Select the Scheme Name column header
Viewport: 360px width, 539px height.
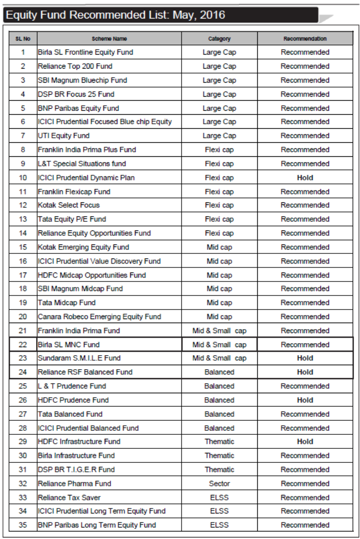(x=109, y=39)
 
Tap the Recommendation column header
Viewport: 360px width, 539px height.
(x=305, y=39)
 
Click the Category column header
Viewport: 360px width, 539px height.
(x=219, y=39)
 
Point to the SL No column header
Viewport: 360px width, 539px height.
(x=23, y=39)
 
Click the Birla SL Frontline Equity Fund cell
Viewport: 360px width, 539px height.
(x=85, y=52)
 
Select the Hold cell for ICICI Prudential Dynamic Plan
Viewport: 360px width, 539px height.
(x=305, y=178)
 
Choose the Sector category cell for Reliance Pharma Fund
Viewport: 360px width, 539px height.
(x=219, y=483)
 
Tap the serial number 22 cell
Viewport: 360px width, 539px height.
(x=23, y=345)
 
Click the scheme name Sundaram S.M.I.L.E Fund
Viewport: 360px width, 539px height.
(x=79, y=358)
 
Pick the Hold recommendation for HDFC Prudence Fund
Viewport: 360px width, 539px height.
(x=305, y=400)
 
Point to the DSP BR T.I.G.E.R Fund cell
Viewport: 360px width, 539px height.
(x=76, y=469)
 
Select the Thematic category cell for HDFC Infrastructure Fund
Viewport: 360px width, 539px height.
(x=219, y=442)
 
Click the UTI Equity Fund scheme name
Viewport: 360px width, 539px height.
(x=64, y=136)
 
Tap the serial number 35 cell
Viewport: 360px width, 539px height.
(x=23, y=525)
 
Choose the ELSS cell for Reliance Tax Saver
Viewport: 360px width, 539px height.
(x=219, y=497)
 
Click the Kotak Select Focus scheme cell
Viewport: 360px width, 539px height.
(x=69, y=205)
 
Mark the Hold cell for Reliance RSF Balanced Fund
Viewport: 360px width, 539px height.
(x=305, y=372)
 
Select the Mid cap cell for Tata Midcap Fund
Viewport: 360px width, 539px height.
(x=219, y=303)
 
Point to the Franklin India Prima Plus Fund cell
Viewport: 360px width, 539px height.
(x=87, y=150)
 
